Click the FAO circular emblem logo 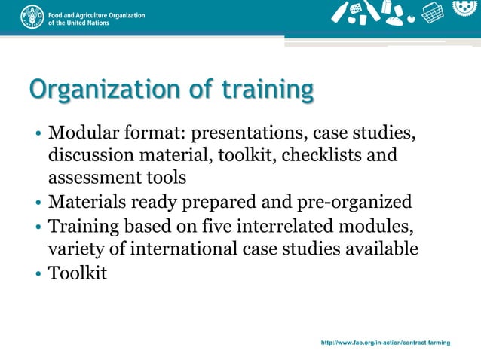click(x=32, y=17)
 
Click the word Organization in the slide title click(x=103, y=90)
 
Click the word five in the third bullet click(x=225, y=225)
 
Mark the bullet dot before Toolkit click(x=38, y=273)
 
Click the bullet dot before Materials click(x=38, y=203)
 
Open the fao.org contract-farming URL click(x=385, y=343)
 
